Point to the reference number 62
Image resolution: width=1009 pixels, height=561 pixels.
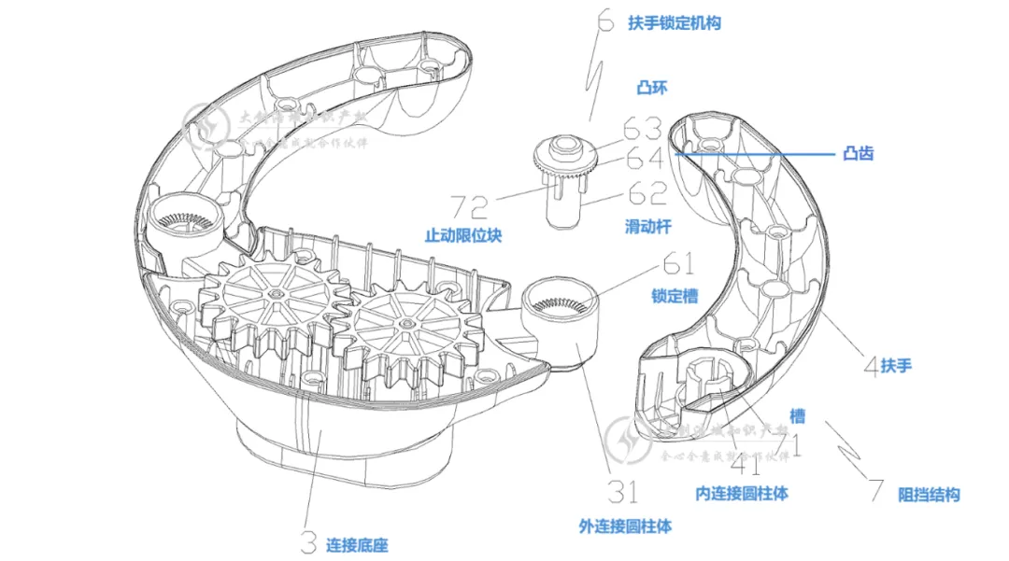647,194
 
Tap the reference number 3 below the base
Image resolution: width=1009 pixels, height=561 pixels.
308,540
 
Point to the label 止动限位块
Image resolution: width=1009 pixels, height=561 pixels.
462,235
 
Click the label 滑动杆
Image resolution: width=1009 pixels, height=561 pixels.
647,226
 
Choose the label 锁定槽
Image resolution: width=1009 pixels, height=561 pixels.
675,296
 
